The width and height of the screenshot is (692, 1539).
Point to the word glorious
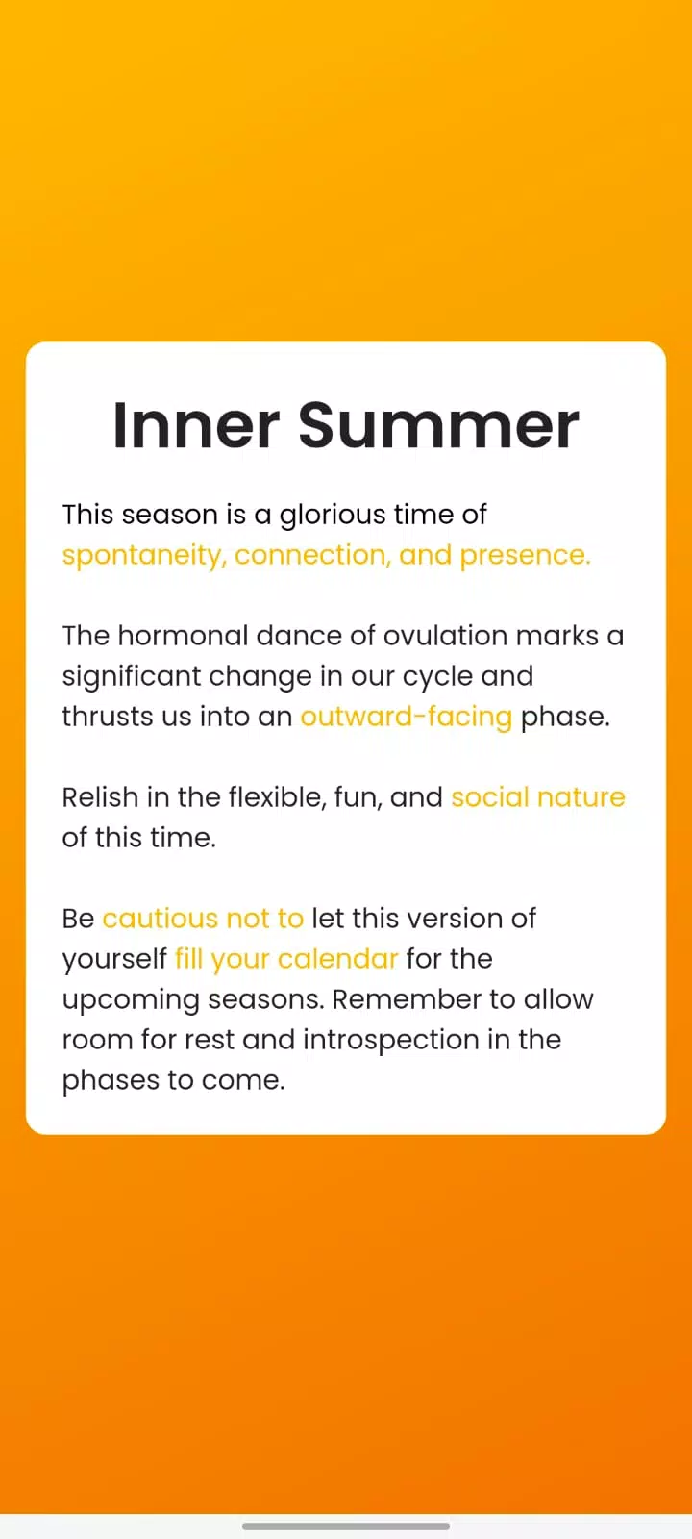[x=333, y=516]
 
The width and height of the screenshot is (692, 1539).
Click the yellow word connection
[x=312, y=555]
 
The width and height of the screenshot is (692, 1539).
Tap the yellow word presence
[x=525, y=556]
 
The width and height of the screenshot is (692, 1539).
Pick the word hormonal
[x=183, y=636]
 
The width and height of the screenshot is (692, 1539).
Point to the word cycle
[x=437, y=677]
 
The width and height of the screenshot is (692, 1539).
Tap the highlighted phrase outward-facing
[x=407, y=717]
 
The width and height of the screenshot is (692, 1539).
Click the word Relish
[x=100, y=797]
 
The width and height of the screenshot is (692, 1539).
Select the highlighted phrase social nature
[x=538, y=797]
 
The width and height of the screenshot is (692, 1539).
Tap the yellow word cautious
[x=160, y=919]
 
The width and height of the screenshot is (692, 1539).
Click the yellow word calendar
[x=337, y=958]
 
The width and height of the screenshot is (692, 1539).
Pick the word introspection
[x=391, y=1040]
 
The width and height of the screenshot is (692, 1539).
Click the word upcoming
[x=131, y=1000]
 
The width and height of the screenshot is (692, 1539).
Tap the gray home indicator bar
[x=346, y=1526]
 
